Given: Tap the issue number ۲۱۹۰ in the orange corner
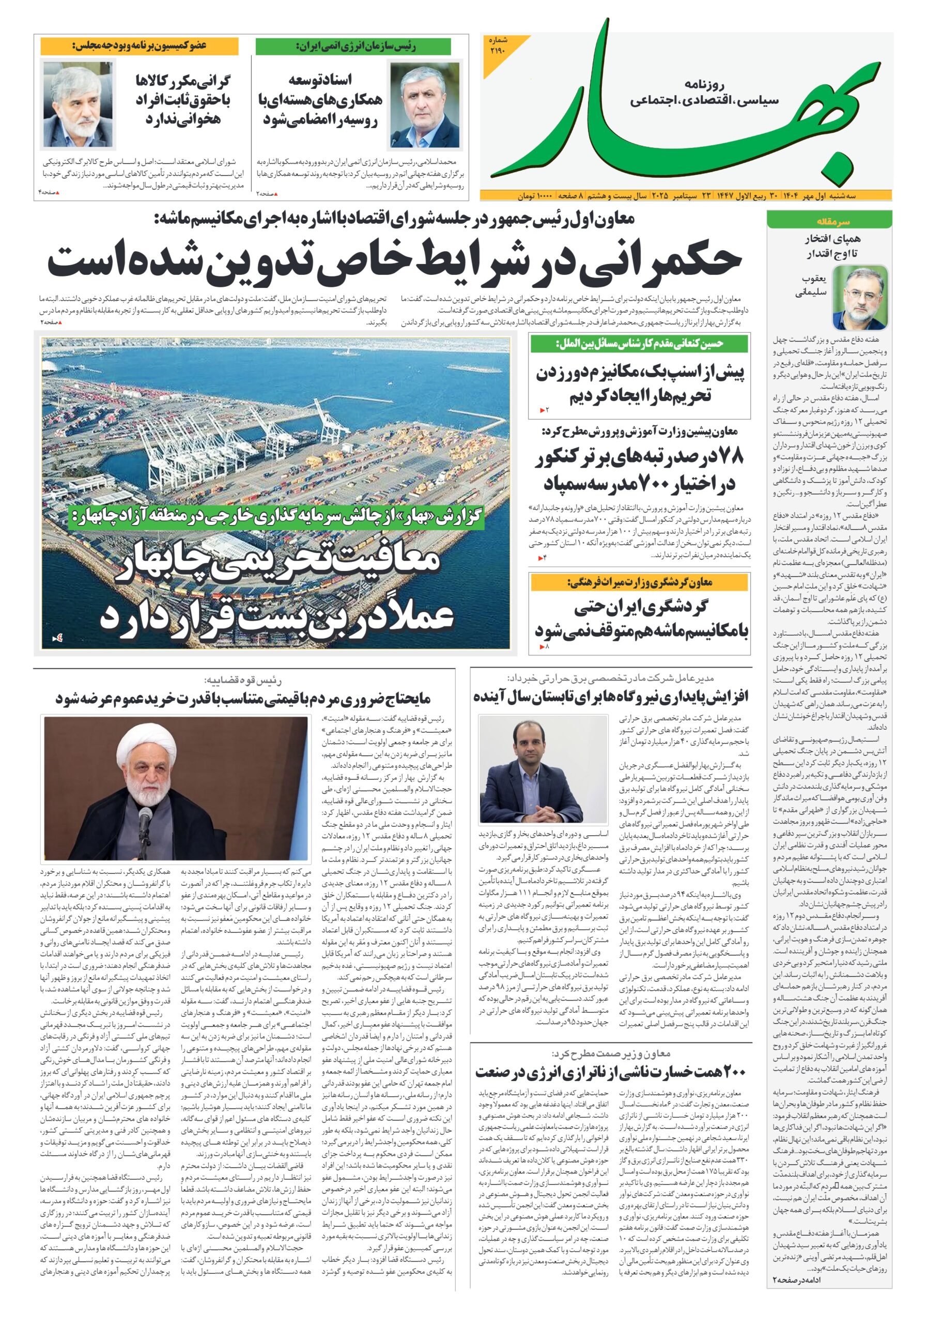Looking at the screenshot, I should [499, 47].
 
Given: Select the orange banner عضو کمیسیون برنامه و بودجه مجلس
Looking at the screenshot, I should [139, 46].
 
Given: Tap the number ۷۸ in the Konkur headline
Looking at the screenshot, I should [729, 457].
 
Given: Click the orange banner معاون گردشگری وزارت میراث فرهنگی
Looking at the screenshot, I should [640, 583].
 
